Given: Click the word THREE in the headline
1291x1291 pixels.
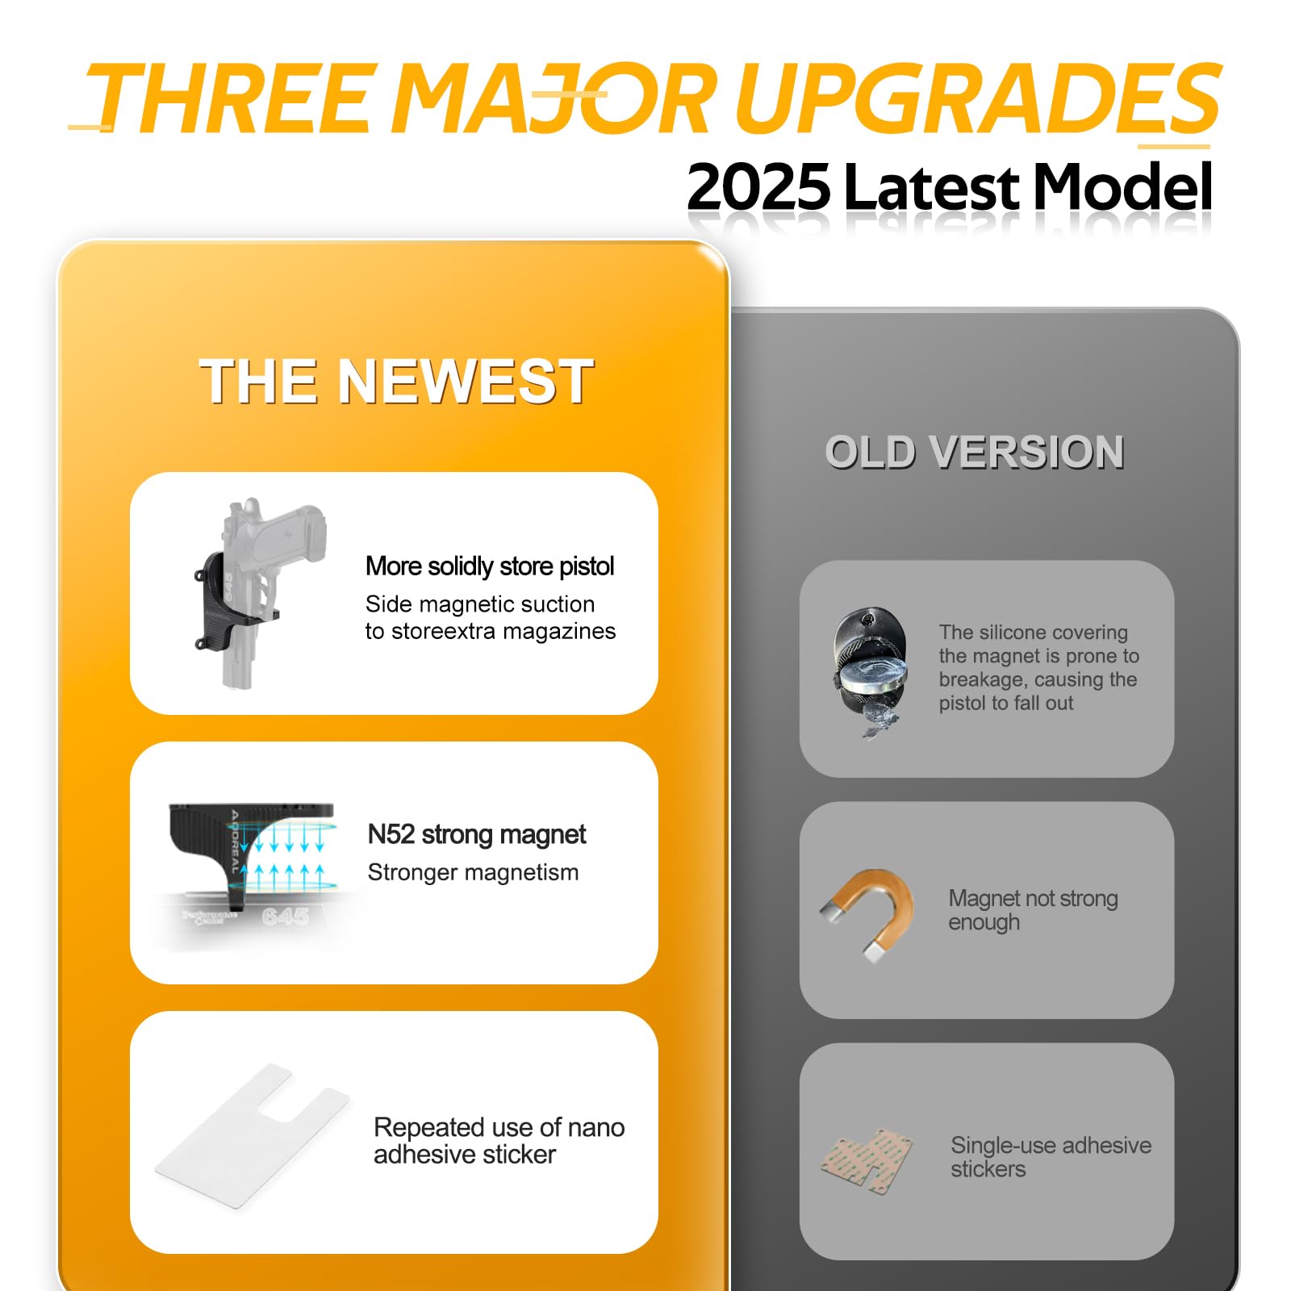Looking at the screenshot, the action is click(233, 99).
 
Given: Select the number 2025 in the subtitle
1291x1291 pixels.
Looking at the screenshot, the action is click(758, 186).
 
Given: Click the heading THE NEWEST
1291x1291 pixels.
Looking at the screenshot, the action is click(396, 381).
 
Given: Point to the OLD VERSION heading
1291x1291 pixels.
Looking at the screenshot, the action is click(975, 452).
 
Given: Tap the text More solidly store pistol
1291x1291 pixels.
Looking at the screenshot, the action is click(490, 566).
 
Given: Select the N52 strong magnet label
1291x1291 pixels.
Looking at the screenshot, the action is click(477, 834).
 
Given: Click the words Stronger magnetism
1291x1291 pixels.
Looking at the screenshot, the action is click(473, 872).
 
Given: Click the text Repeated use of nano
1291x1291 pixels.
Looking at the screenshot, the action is click(499, 1127).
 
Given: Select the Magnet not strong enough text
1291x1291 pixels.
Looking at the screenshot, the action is click(1033, 910).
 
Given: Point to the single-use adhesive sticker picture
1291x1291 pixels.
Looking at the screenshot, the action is click(867, 1161).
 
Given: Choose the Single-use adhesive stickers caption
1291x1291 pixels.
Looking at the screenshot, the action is click(1051, 1157).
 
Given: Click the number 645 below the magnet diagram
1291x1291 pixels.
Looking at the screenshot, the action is click(286, 917).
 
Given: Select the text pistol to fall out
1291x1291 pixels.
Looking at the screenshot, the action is click(1006, 704).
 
